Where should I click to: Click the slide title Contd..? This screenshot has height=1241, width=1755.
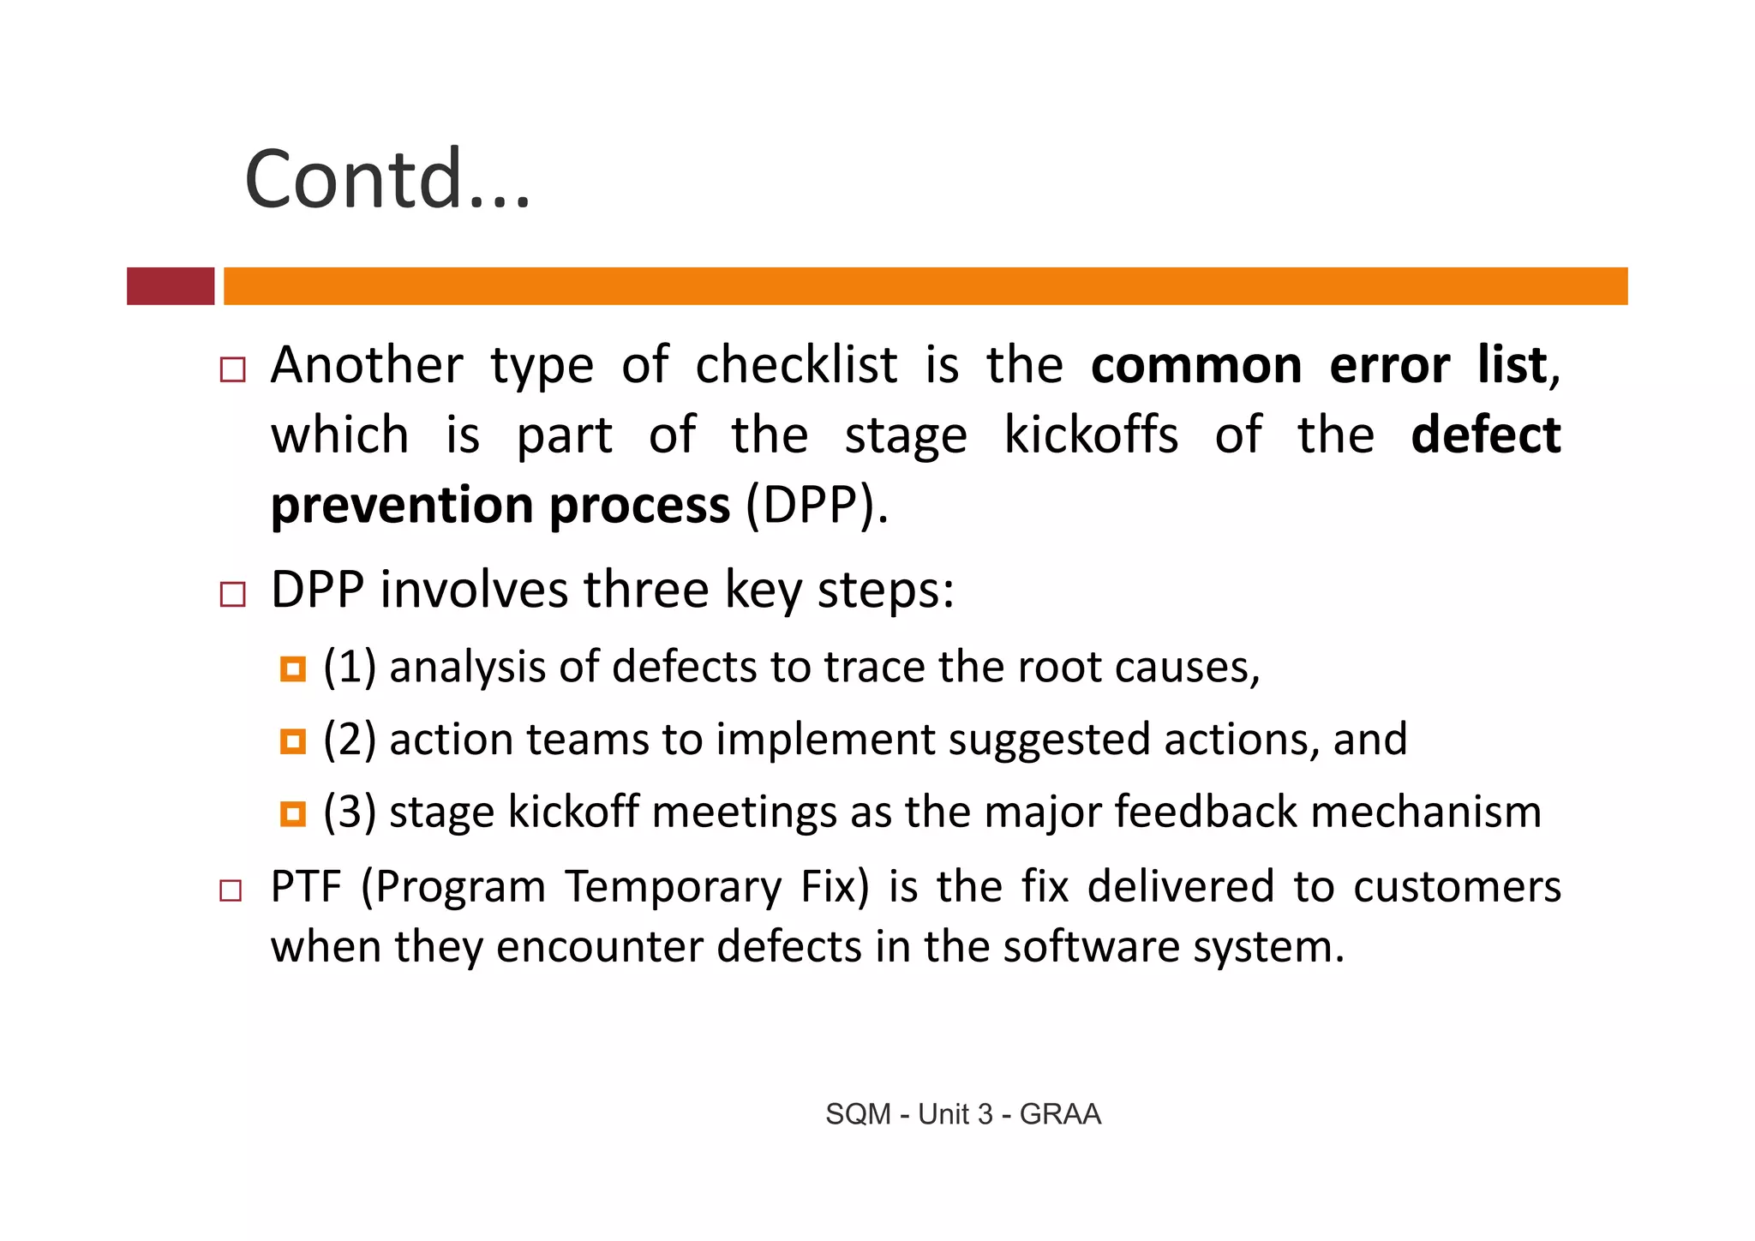[x=387, y=179]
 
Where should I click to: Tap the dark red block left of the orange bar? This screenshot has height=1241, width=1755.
[x=171, y=286]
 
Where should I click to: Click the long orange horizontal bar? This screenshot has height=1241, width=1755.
[x=925, y=286]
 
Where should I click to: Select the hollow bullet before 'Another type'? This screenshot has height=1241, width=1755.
[x=232, y=369]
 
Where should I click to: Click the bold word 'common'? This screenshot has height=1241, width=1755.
[x=1196, y=366]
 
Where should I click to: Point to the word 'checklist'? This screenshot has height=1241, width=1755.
[x=796, y=366]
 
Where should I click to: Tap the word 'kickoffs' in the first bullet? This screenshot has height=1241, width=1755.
[x=1091, y=435]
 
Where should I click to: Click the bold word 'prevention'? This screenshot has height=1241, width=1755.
[x=402, y=506]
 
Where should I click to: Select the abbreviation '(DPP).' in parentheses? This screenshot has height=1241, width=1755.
[x=817, y=506]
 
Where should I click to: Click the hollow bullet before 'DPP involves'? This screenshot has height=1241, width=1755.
[x=232, y=594]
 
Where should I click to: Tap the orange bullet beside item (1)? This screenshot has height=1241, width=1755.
[x=293, y=669]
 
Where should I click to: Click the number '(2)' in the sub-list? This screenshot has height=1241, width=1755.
[x=350, y=740]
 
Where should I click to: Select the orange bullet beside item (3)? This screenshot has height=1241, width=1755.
[x=293, y=813]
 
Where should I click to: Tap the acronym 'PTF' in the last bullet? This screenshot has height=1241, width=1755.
[x=306, y=887]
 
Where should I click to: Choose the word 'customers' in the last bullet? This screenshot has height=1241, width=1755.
[x=1457, y=887]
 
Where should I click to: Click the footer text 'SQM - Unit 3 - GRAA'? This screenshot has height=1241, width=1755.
[x=962, y=1114]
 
